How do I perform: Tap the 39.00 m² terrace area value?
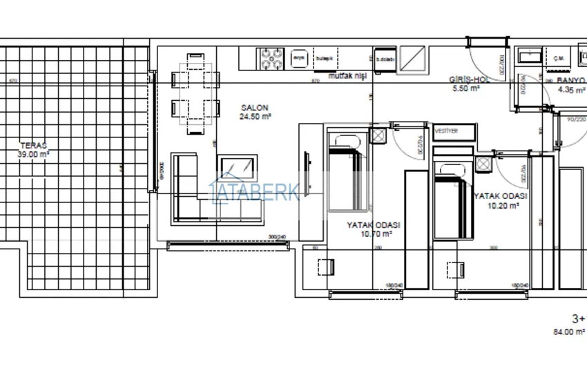[x=33, y=155]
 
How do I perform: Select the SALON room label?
[x=255, y=108]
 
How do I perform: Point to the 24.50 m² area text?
[x=255, y=117]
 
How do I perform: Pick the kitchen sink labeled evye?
[x=299, y=58]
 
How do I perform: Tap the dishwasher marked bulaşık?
[x=324, y=58]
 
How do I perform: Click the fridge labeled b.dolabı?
[x=385, y=59]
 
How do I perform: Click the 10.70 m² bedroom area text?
[x=376, y=233]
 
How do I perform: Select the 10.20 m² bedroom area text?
[x=501, y=205]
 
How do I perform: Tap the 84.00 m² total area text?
[x=570, y=332]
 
